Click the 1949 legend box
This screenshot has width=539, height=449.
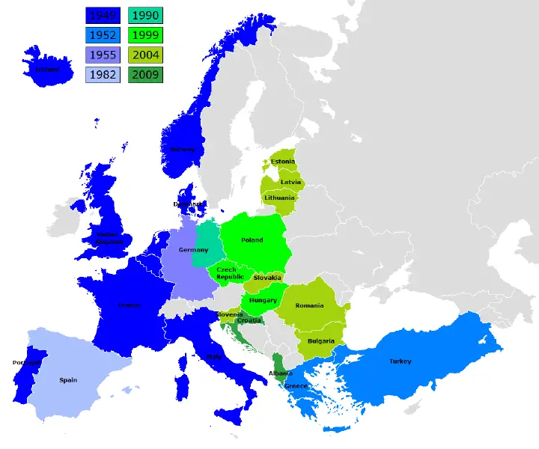(102, 15)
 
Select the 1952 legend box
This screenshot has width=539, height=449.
(102, 34)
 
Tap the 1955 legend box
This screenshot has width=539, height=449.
(102, 55)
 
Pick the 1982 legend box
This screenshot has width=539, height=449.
(102, 74)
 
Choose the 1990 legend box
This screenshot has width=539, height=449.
(145, 15)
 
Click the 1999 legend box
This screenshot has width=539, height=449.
(145, 34)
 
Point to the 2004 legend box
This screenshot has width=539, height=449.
(145, 55)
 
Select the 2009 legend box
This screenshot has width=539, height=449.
(145, 74)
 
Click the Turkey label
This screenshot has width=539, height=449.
(400, 361)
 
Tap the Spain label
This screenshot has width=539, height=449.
(68, 380)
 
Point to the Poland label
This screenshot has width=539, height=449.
(252, 240)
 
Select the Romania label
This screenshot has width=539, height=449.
(309, 305)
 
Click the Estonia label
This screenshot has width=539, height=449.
(283, 162)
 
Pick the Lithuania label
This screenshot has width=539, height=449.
(280, 198)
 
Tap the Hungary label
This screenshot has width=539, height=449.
(263, 300)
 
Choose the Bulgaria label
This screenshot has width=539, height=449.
(320, 341)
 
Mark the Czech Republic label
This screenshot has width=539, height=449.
(230, 273)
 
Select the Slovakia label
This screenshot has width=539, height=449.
(267, 278)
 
